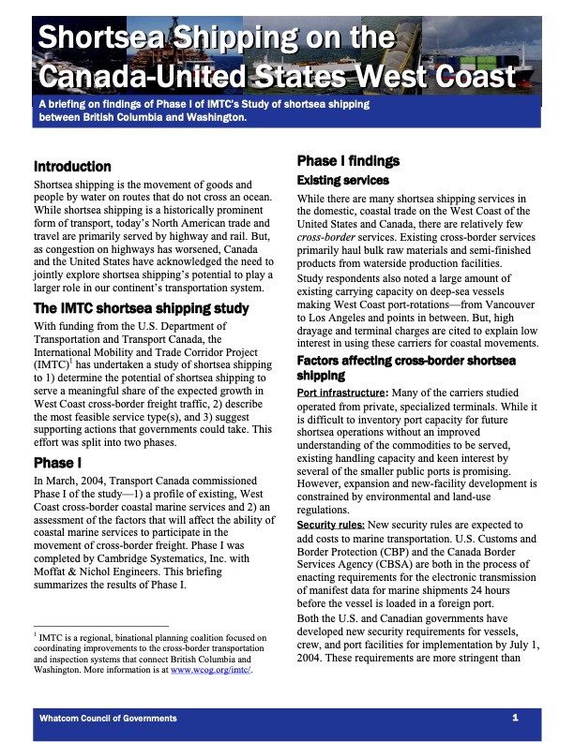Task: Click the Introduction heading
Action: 72,166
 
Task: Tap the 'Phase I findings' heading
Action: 348,161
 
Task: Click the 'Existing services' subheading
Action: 343,179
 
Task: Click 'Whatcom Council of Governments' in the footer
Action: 108,718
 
